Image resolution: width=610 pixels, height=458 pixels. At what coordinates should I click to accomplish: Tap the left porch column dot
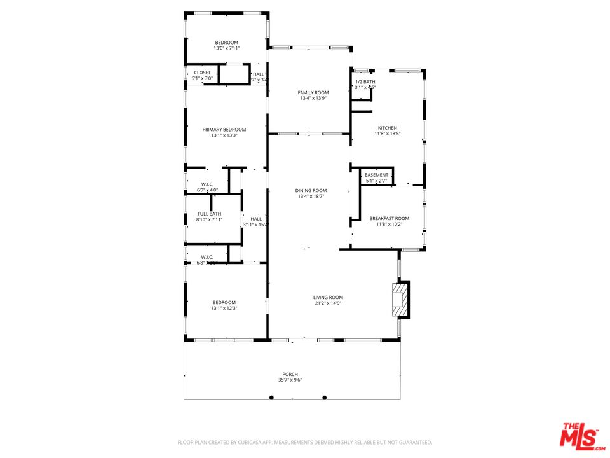[x=271, y=398]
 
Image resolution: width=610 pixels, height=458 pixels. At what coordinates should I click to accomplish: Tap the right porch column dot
[x=324, y=398]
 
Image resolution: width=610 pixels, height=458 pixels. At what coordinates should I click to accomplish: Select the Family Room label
[x=313, y=93]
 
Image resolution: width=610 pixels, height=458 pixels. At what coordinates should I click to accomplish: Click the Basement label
[x=376, y=175]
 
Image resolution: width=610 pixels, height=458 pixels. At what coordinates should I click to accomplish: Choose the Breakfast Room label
[x=389, y=218]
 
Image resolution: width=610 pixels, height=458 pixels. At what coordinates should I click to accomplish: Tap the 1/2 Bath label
[x=365, y=81]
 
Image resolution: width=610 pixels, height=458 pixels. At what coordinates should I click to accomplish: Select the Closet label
[x=202, y=73]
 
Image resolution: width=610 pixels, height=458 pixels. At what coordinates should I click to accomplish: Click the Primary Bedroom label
[x=224, y=129]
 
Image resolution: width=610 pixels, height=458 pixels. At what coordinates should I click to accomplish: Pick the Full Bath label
[x=209, y=214]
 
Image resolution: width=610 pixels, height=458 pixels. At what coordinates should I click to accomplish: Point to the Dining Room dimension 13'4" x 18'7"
[x=311, y=197]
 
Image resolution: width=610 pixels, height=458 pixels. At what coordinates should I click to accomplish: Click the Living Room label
[x=328, y=297]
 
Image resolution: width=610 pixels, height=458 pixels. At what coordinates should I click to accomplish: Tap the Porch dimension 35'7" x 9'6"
[x=290, y=380]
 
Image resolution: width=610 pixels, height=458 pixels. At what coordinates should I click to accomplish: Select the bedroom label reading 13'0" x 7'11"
[x=226, y=48]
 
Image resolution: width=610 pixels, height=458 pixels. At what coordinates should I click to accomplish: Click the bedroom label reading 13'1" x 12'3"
[x=224, y=309]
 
